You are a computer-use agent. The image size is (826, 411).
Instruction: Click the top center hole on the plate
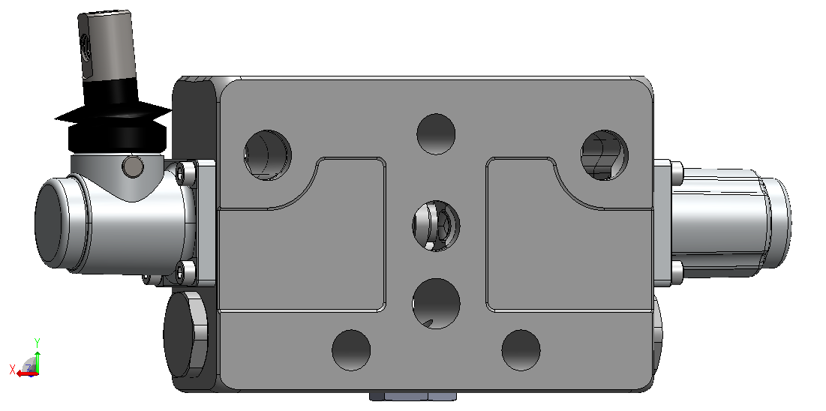[x=436, y=133]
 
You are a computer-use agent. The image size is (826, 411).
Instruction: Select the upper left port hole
[x=268, y=155]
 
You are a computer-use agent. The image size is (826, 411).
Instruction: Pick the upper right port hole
[x=604, y=155]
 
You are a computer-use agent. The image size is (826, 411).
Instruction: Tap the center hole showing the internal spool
[x=436, y=226]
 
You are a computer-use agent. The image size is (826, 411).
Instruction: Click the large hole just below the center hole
[x=436, y=304]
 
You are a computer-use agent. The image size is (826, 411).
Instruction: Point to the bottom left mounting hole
[x=351, y=350]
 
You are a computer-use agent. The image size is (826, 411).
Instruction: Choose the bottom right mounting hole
[x=521, y=350]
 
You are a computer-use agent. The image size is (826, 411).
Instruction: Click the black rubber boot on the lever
[x=113, y=117]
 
